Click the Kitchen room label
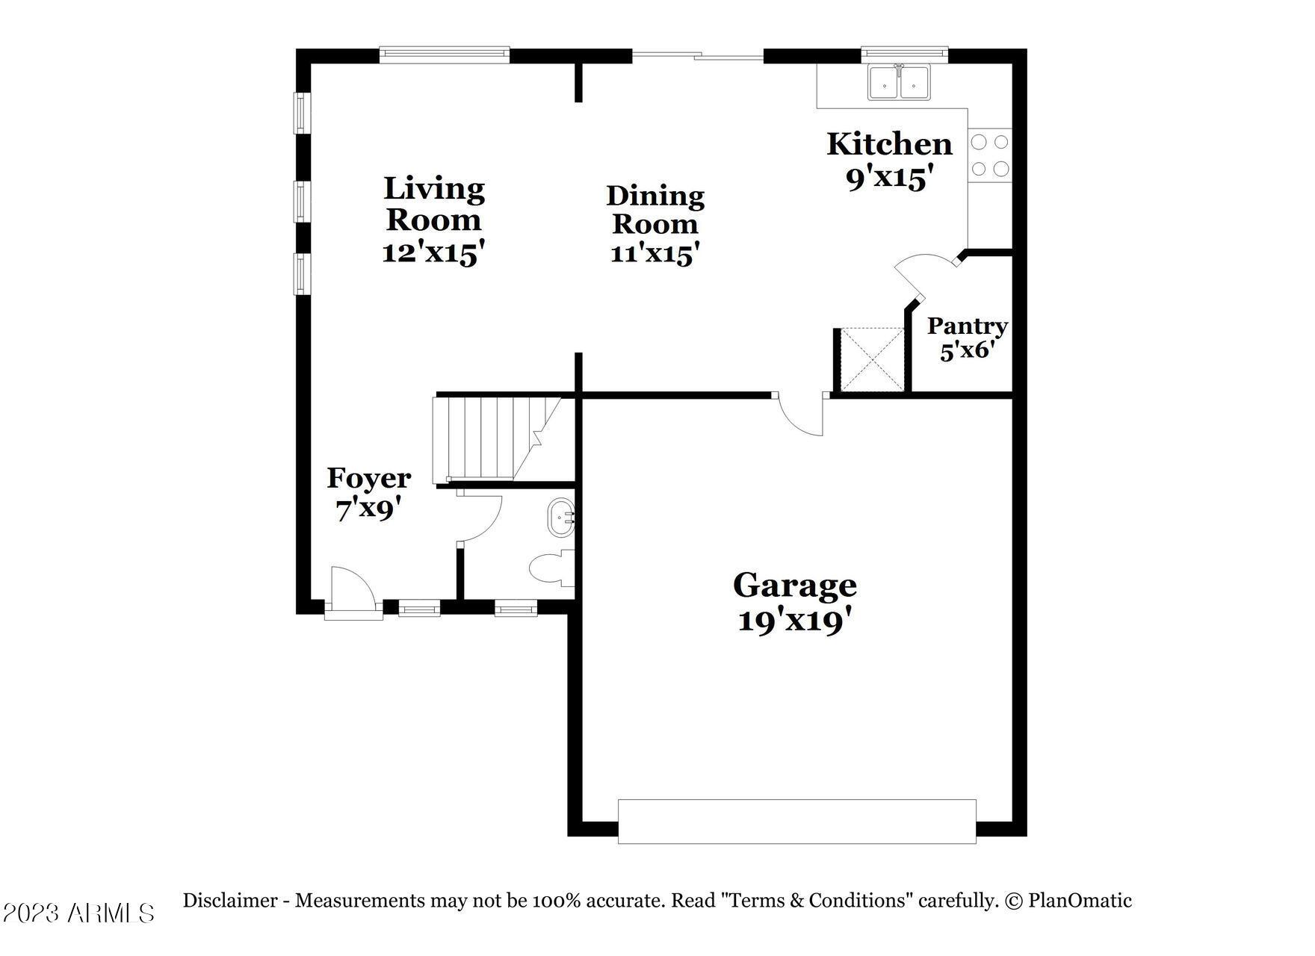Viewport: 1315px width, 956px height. pos(889,144)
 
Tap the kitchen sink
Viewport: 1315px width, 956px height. pos(899,82)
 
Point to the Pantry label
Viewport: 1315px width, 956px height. pos(968,326)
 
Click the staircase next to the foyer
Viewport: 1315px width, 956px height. pos(498,438)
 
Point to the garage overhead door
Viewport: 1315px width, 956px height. pos(796,822)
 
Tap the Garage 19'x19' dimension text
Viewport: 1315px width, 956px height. pos(795,621)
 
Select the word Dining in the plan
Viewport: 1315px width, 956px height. pos(655,196)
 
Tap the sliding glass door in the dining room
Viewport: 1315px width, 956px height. pos(698,55)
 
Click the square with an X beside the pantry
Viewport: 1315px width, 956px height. pos(873,359)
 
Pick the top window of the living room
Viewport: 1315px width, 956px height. pos(445,55)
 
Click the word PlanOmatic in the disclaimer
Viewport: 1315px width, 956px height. pos(1080,901)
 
